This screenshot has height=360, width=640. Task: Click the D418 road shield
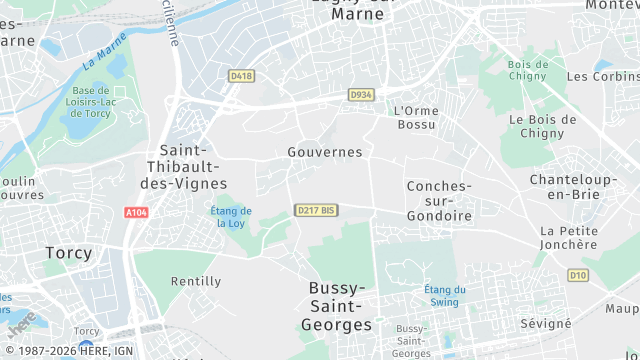(x=241, y=76)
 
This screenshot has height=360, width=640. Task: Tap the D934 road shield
(x=360, y=94)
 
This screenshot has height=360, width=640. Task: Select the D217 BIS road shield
(x=316, y=210)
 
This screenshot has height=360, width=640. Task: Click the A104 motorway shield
(x=136, y=213)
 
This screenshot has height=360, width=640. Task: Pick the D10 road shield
(x=578, y=274)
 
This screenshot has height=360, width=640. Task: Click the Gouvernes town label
(x=324, y=152)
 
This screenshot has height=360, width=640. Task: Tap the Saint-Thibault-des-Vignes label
(x=187, y=166)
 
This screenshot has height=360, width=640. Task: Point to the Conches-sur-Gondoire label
(x=440, y=201)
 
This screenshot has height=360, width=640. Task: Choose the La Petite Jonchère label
(x=568, y=237)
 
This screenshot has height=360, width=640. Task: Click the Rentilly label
(x=196, y=281)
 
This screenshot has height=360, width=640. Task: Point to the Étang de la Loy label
(x=231, y=217)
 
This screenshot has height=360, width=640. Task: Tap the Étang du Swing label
(x=443, y=295)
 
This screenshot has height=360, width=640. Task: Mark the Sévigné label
(x=546, y=324)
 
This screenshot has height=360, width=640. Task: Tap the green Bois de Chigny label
(x=528, y=71)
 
